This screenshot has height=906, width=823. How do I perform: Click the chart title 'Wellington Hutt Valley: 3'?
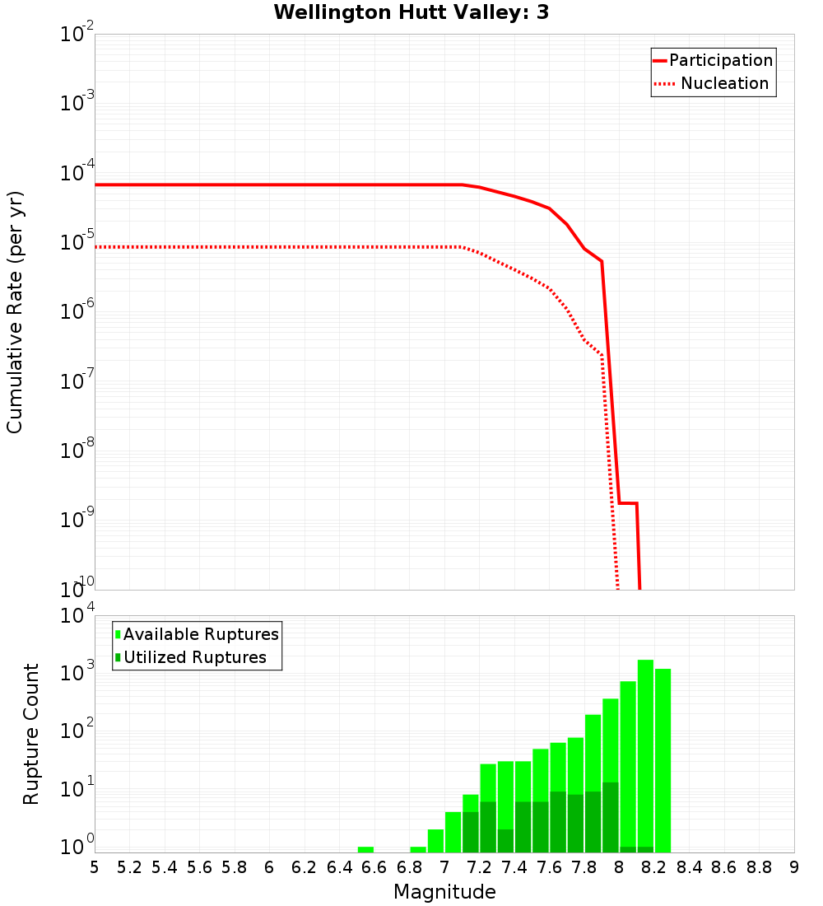click(x=411, y=12)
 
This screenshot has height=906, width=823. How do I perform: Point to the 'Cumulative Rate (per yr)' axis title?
click(x=15, y=312)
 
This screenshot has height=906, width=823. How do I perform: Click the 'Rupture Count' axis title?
click(x=31, y=734)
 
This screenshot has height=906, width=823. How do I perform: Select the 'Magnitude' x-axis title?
click(x=444, y=892)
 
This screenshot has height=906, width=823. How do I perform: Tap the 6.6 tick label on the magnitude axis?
click(x=374, y=867)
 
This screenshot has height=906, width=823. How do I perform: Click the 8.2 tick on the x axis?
click(x=654, y=867)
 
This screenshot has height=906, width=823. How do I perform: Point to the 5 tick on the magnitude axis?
click(x=95, y=867)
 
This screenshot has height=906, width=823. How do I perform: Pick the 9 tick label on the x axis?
click(x=794, y=867)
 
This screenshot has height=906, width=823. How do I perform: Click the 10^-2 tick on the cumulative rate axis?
click(x=77, y=35)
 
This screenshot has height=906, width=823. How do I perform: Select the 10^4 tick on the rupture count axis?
click(x=77, y=617)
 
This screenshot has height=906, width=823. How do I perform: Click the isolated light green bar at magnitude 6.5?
click(x=365, y=849)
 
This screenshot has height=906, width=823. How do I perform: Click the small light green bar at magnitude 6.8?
click(x=418, y=849)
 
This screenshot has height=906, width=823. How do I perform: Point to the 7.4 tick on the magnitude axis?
click(x=514, y=867)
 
